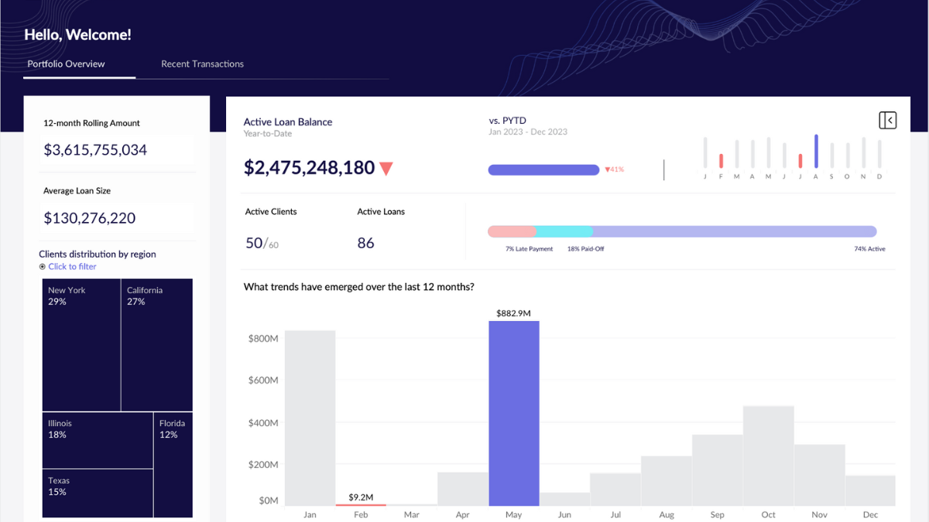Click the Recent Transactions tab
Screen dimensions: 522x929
pyautogui.click(x=202, y=64)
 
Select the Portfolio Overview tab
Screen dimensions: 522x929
pyautogui.click(x=66, y=64)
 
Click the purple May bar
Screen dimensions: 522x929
pyautogui.click(x=514, y=414)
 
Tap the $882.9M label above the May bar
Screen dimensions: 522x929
pyautogui.click(x=513, y=313)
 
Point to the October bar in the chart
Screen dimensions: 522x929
pyautogui.click(x=768, y=455)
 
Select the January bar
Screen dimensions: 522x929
pyautogui.click(x=310, y=418)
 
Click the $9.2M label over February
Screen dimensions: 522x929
pyautogui.click(x=361, y=497)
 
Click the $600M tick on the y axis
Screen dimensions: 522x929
pyautogui.click(x=263, y=380)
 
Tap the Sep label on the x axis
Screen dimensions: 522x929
pyautogui.click(x=717, y=515)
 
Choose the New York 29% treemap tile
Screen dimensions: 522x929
pyautogui.click(x=81, y=345)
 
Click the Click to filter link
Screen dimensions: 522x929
pyautogui.click(x=72, y=267)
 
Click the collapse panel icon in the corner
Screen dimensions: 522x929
pyautogui.click(x=887, y=120)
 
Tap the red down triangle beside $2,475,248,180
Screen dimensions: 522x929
pyautogui.click(x=386, y=169)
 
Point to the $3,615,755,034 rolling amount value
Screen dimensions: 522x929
pyautogui.click(x=95, y=150)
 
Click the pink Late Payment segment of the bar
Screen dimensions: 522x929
pyautogui.click(x=511, y=231)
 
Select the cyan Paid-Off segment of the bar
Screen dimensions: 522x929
pyautogui.click(x=564, y=231)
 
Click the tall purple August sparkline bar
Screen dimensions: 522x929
pyautogui.click(x=816, y=152)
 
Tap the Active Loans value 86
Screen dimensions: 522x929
pyautogui.click(x=365, y=243)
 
